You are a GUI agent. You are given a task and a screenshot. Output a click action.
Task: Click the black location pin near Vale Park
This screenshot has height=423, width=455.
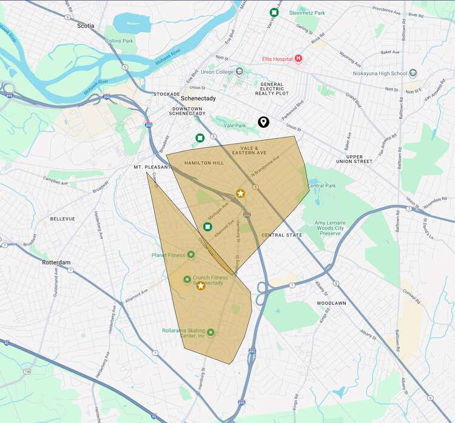(263, 122)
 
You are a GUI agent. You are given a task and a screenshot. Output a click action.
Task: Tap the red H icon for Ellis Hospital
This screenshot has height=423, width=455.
(298, 59)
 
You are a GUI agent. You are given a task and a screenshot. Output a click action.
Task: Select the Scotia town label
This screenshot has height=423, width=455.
(87, 26)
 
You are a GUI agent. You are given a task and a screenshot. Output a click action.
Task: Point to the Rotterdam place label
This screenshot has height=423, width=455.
(57, 262)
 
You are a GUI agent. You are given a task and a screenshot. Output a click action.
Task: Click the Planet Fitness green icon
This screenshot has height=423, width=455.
(191, 255)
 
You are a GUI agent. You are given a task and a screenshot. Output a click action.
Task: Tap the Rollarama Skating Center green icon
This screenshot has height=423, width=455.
(211, 332)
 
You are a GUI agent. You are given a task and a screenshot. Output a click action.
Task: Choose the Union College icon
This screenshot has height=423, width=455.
(239, 72)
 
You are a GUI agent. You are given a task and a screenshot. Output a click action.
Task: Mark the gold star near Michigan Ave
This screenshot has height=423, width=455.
(240, 193)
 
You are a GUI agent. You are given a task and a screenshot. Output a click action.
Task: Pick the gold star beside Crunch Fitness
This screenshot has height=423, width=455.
(201, 285)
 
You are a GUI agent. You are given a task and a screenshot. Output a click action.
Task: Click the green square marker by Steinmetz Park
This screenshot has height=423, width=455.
(274, 12)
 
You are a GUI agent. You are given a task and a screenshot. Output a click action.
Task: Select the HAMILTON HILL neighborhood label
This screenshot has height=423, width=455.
(204, 163)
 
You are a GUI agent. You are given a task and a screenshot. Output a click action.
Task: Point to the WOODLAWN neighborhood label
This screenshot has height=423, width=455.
(332, 302)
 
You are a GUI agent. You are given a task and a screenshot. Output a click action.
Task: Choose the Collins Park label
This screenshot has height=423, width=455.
(119, 41)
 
